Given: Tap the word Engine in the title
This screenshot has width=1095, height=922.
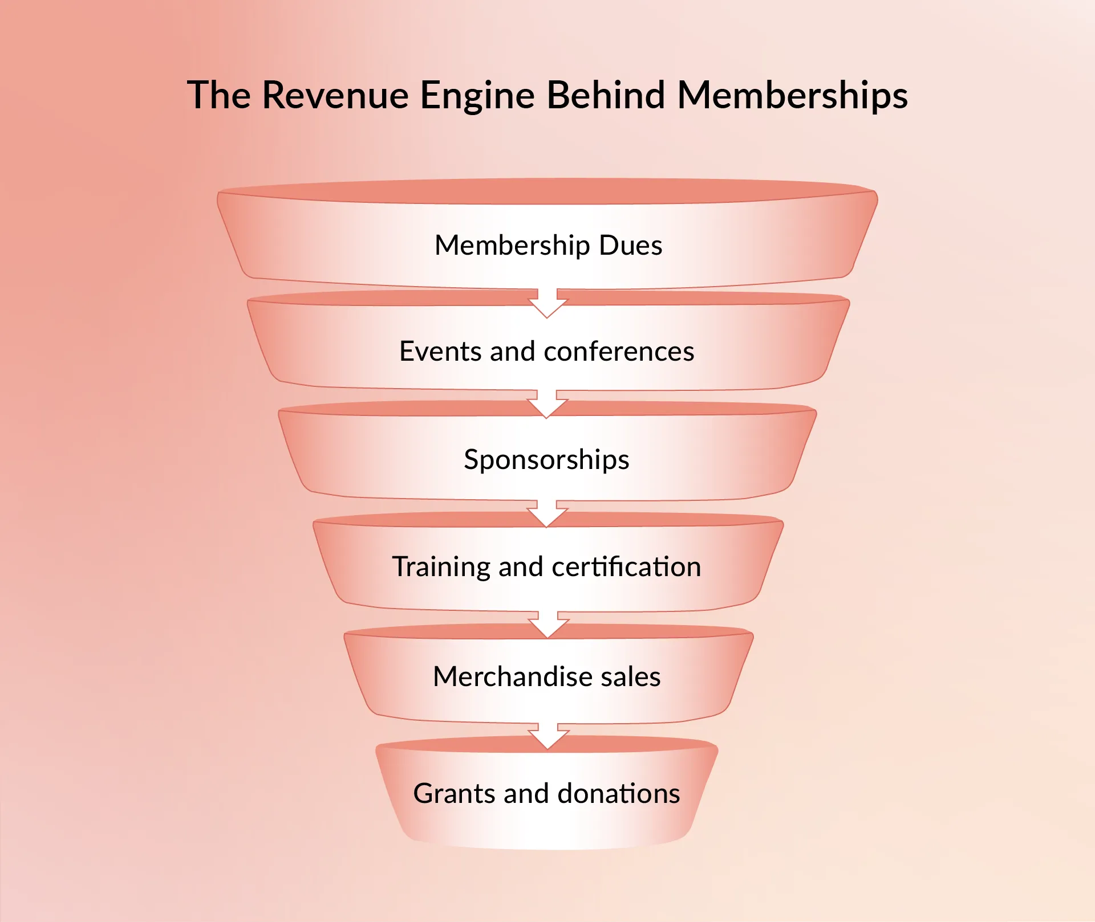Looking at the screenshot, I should [x=477, y=96].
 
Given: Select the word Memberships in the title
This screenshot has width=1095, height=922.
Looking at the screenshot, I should [x=792, y=96].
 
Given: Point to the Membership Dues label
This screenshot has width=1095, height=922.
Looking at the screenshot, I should [x=548, y=246].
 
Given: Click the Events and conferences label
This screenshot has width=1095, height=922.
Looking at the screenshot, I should [x=546, y=351].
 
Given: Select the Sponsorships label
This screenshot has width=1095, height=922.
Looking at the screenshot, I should [x=546, y=459].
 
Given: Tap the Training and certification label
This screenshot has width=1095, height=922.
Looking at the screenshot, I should [x=546, y=567].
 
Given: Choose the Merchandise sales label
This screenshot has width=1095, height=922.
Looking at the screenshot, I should [x=546, y=676].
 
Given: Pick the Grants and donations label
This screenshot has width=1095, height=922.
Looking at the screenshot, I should [x=546, y=793].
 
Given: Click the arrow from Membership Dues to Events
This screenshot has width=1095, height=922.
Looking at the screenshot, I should [x=547, y=303].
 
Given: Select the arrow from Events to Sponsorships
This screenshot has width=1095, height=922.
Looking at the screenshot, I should [x=547, y=405].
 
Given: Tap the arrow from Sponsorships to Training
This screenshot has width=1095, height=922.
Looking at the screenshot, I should [x=547, y=514].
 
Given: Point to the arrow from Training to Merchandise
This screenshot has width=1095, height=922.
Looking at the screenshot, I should [x=547, y=625].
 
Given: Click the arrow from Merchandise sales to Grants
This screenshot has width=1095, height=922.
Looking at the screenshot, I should [x=547, y=737].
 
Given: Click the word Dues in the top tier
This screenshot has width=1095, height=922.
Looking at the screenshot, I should [x=630, y=246].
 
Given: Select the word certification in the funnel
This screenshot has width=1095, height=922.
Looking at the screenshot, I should [x=626, y=567].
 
